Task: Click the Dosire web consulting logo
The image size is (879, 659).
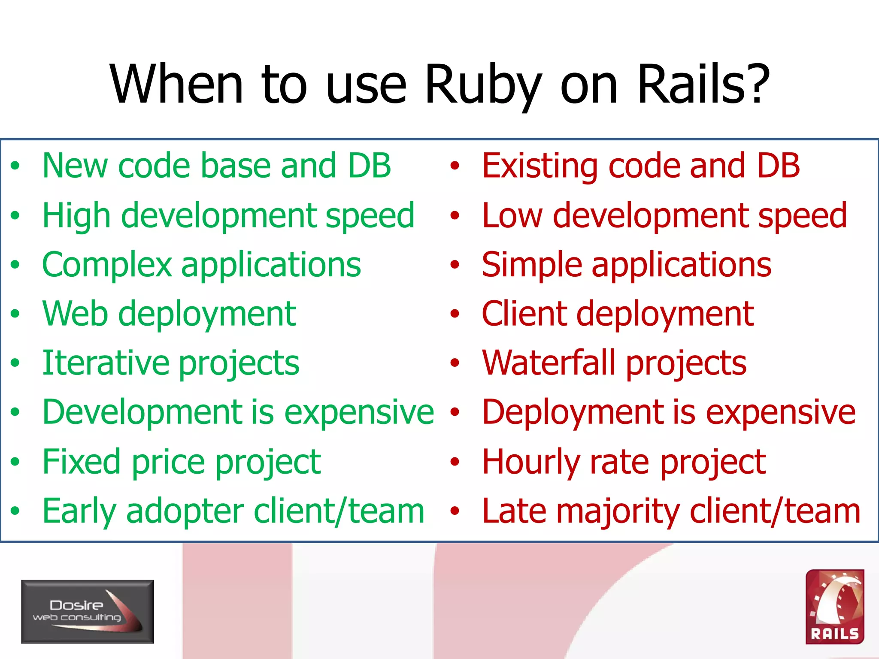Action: [x=88, y=611]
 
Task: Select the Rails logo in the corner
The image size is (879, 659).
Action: [x=834, y=607]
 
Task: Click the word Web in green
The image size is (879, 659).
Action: [x=75, y=314]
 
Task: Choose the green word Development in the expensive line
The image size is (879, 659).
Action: [x=144, y=413]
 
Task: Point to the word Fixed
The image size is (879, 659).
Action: [x=82, y=462]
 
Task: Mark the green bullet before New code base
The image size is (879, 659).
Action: [x=15, y=166]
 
